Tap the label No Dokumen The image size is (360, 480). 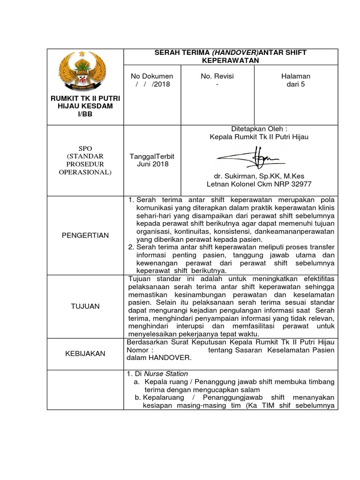(x=152, y=76)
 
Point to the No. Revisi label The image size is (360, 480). (x=217, y=76)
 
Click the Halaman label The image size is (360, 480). (x=295, y=76)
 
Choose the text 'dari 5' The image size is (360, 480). (x=295, y=84)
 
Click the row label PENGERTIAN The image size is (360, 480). (x=85, y=235)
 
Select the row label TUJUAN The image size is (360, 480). (x=85, y=306)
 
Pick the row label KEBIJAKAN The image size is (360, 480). (x=85, y=353)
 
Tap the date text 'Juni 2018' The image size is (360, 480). (x=152, y=164)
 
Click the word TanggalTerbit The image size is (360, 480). (x=152, y=156)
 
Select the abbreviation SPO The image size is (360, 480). (x=85, y=148)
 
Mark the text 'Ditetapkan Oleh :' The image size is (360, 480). (x=259, y=129)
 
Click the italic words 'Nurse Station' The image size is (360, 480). (x=166, y=374)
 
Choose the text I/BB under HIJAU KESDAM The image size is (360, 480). (x=85, y=114)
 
